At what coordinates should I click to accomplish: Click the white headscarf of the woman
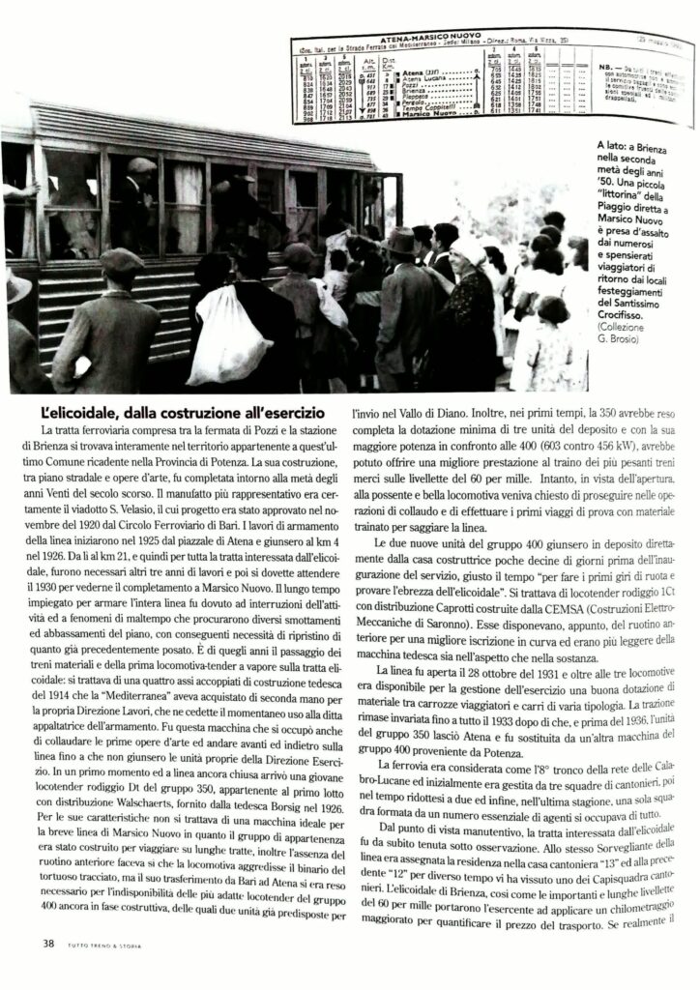coord(471,249)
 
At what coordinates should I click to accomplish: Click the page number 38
coord(47,943)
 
